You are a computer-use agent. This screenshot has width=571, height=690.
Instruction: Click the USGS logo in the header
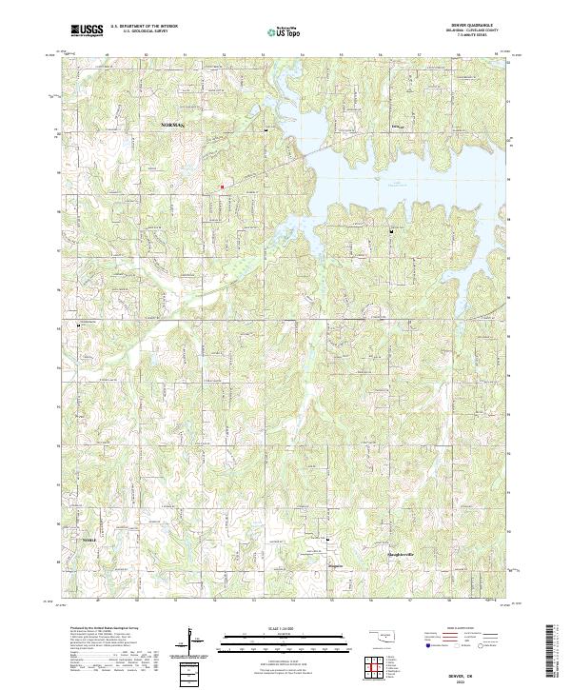pos(87,31)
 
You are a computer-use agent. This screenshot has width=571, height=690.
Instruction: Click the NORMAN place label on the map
pos(172,125)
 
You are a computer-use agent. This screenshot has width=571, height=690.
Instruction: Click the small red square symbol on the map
pos(222,187)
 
